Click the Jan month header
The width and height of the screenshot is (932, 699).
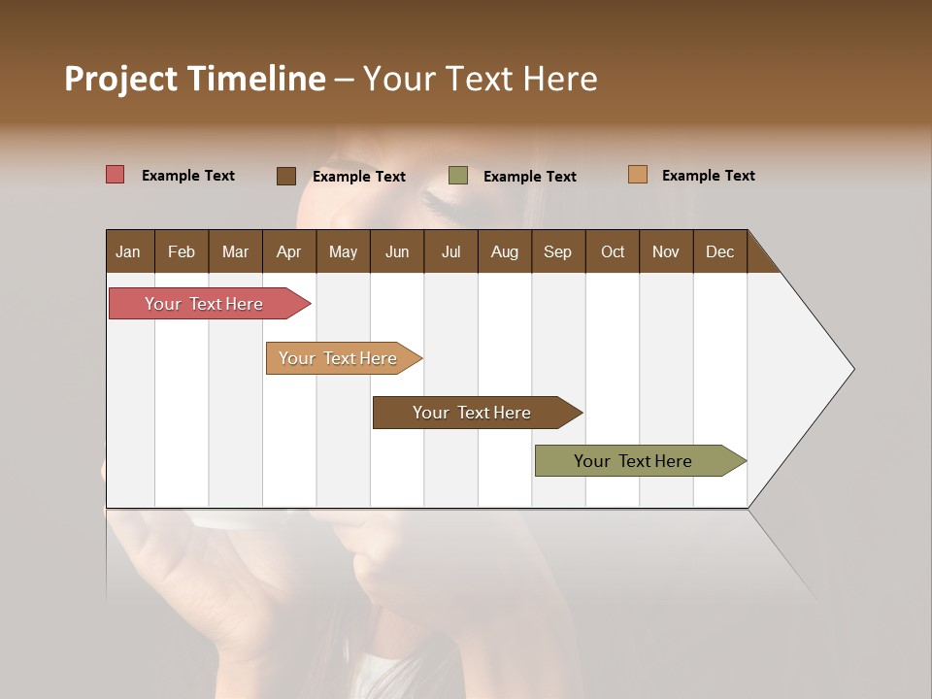point(128,251)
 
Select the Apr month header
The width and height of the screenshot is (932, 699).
point(288,251)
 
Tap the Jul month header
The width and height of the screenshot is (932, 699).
point(450,251)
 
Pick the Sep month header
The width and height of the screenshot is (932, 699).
point(557,251)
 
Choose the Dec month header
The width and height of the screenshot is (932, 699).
point(719,251)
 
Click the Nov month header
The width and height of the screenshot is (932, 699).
point(665,251)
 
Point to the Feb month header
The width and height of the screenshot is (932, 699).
point(182,251)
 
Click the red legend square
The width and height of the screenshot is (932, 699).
point(116,175)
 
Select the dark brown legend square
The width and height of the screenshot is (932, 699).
point(286,176)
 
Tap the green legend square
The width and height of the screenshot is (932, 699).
point(458,176)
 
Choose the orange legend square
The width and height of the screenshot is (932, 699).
point(638,175)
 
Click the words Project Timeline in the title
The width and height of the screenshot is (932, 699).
point(194,79)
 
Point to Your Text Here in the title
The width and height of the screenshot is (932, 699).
point(480,79)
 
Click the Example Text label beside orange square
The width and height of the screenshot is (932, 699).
point(708,176)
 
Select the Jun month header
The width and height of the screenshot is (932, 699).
point(397,251)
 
